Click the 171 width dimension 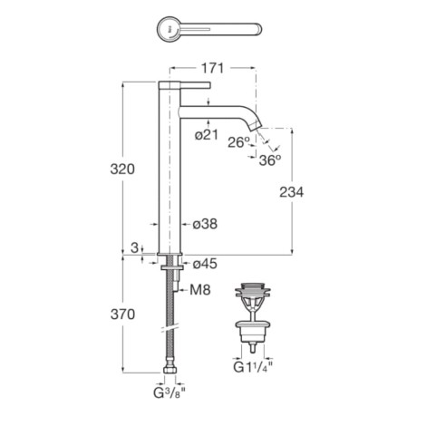(x=213, y=68)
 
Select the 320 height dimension (x=122, y=169)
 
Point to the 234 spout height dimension (x=291, y=192)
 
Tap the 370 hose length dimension (x=122, y=315)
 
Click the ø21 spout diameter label (x=207, y=135)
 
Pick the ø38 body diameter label (x=205, y=224)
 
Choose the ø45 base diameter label (x=205, y=264)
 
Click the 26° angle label (x=238, y=142)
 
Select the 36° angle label (x=270, y=160)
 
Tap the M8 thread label (x=200, y=290)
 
